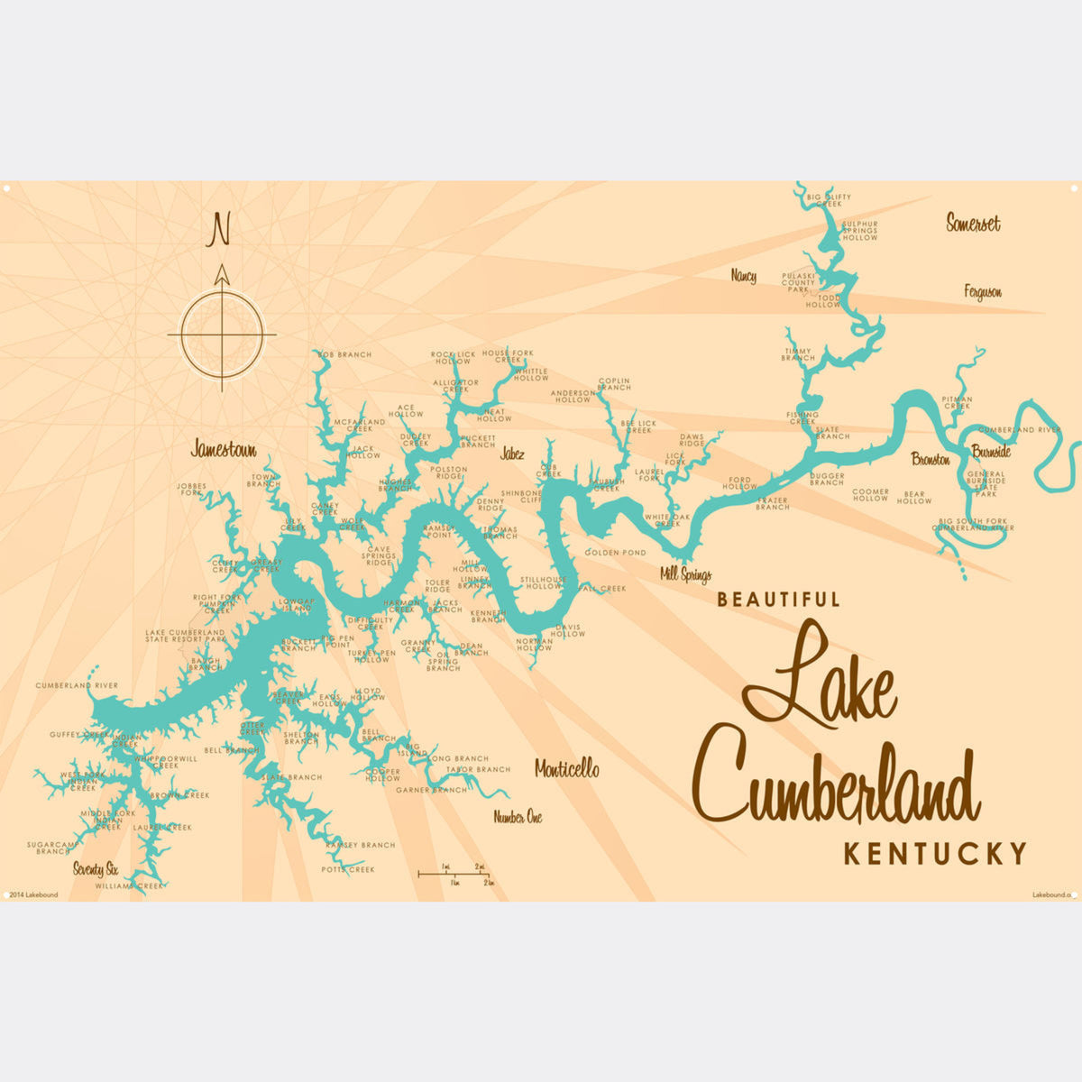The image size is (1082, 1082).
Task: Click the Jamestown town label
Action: coord(223,449)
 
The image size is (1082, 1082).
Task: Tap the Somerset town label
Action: coord(973,223)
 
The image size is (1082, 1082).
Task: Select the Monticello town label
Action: coord(566,769)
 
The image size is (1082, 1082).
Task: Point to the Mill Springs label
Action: coord(685,574)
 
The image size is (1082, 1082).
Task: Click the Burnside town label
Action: coord(991,451)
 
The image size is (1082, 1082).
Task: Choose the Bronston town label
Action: coord(931,459)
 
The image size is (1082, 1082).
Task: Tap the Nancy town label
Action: coord(744,276)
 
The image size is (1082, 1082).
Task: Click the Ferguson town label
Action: coord(982,292)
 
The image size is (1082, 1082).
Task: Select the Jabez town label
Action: coord(512,454)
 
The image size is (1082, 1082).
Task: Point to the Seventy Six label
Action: coord(96,870)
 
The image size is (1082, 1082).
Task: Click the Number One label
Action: coord(518,818)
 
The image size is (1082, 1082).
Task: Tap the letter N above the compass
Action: coord(219,230)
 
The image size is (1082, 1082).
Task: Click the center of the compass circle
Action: coord(222,334)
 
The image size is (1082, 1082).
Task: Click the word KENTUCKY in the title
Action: coord(935,853)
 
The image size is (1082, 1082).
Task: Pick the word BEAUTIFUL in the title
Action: coord(779,599)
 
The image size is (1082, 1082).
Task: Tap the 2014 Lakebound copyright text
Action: coord(32,894)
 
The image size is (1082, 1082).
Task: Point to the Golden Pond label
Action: coord(615,552)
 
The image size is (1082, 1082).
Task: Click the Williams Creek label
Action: coord(131,885)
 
